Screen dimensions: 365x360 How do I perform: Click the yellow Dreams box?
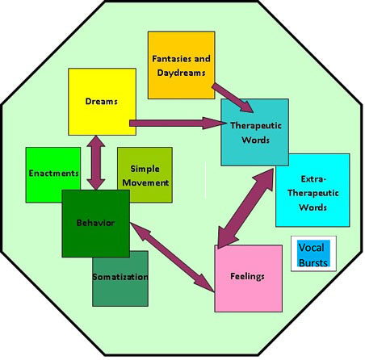pos(102,102)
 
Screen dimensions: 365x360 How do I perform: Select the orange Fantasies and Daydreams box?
pos(182,65)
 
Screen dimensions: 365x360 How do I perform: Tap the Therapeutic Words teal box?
pos(254,132)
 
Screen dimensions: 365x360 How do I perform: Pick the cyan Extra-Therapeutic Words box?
pos(313,190)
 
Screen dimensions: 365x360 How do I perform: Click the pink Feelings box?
pos(248,278)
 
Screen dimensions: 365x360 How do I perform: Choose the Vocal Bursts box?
pos(313,253)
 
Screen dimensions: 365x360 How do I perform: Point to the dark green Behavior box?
pos(96,224)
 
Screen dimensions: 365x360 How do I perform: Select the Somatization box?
pos(120,278)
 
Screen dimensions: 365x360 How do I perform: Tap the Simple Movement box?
pos(145,175)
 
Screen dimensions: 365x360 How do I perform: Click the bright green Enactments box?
pos(53,175)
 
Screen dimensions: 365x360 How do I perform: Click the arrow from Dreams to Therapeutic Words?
pos(178,123)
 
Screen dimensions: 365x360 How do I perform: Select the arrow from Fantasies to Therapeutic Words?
pos(233,98)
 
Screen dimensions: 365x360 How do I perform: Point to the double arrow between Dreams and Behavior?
pos(96,162)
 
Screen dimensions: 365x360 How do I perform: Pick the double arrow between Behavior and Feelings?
pos(172,257)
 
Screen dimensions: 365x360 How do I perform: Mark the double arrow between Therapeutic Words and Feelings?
pos(245,208)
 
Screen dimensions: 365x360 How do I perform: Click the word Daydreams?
pos(181,73)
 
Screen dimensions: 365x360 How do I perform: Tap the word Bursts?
pos(313,262)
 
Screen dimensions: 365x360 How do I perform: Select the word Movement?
pos(145,182)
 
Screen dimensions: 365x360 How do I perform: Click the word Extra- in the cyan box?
pos(313,179)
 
